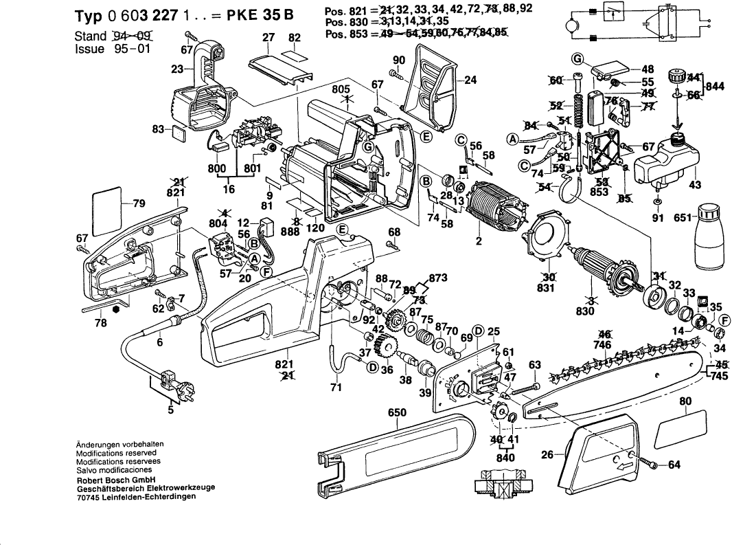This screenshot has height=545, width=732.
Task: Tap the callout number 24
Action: pos(470,80)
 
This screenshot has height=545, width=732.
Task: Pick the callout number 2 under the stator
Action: pos(478,241)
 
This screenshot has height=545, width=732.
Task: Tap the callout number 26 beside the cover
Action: pos(547,454)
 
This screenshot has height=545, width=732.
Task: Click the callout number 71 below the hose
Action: pos(336,388)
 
